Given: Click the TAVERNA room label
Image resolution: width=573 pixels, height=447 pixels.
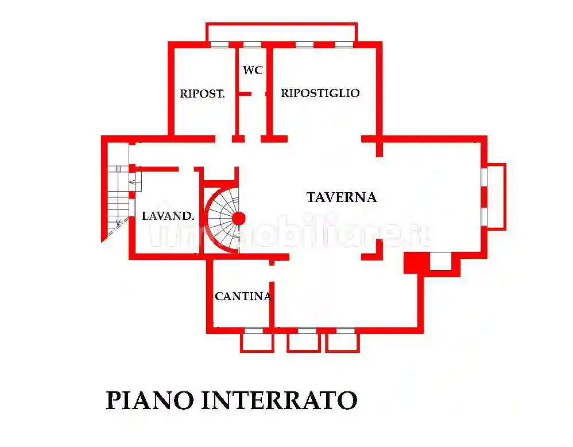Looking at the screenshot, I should pyautogui.click(x=341, y=197).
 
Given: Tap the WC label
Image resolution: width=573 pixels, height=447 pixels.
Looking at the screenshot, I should pyautogui.click(x=253, y=71).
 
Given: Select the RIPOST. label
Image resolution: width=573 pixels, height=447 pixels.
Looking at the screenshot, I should pyautogui.click(x=202, y=94).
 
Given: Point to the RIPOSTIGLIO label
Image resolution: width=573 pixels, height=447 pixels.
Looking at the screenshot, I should pyautogui.click(x=320, y=93).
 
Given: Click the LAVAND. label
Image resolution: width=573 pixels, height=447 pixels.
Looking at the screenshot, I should pyautogui.click(x=168, y=216).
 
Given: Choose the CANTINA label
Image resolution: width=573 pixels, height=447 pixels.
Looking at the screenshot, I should pyautogui.click(x=242, y=297).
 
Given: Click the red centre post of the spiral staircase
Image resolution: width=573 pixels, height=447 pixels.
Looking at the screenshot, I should pyautogui.click(x=238, y=218).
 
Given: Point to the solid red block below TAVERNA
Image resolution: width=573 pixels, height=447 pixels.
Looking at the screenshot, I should pyautogui.click(x=416, y=262).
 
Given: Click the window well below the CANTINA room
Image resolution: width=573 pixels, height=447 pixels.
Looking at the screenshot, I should pyautogui.click(x=256, y=342).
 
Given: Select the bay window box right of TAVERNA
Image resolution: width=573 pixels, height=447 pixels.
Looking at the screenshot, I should pyautogui.click(x=495, y=196).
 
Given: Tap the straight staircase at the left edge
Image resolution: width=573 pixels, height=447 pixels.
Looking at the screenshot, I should pyautogui.click(x=118, y=195).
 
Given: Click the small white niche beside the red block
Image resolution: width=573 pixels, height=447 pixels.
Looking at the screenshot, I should pyautogui.click(x=441, y=261).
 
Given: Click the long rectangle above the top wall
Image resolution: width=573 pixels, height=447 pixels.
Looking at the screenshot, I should pyautogui.click(x=281, y=32).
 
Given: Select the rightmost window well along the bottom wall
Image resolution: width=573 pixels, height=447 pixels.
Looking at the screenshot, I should pyautogui.click(x=343, y=342).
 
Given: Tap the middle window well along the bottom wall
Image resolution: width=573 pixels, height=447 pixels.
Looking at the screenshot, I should pyautogui.click(x=304, y=342).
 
